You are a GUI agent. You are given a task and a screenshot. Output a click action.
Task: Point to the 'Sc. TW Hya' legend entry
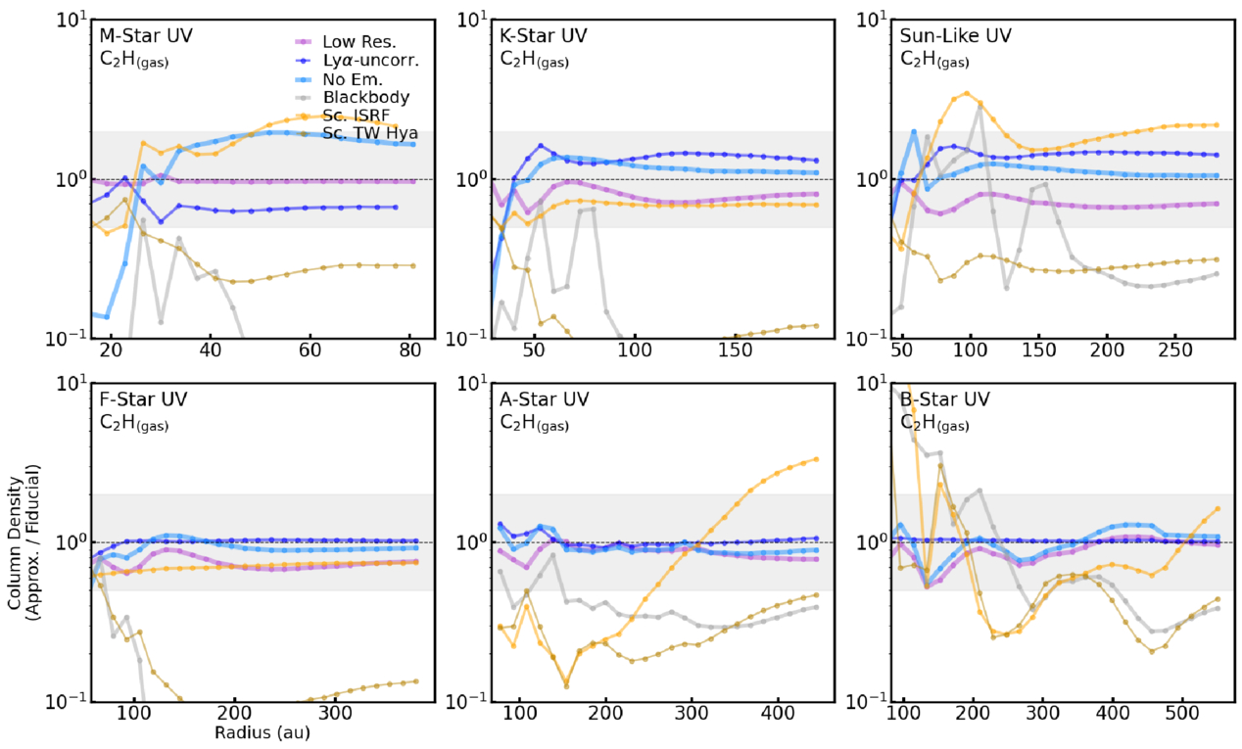347,134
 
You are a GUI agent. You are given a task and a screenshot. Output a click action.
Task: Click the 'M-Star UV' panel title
146,36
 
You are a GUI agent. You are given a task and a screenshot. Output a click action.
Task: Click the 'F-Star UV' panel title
145,399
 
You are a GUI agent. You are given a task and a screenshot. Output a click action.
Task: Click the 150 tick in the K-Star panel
736,351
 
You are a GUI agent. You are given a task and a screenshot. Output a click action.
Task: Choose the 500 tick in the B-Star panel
1182,714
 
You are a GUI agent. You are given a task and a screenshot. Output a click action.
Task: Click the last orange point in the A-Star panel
816,459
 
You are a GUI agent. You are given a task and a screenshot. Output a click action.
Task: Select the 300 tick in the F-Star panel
335,714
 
